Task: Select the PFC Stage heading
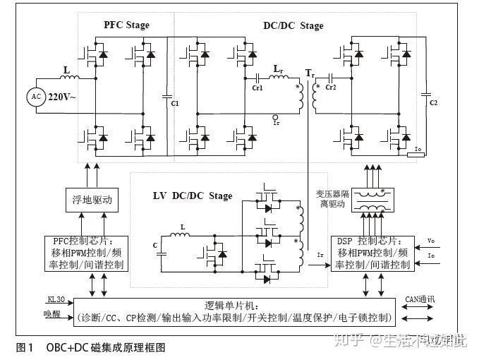coord(127,25)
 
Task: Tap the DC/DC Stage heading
coord(293,26)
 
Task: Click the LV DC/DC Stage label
coord(192,196)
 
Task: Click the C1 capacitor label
coord(175,104)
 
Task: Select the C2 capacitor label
coord(434,103)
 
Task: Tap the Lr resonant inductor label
coord(278,71)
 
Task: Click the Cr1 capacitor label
coord(257,88)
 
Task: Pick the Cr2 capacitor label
coord(332,87)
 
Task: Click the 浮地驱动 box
coord(88,200)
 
